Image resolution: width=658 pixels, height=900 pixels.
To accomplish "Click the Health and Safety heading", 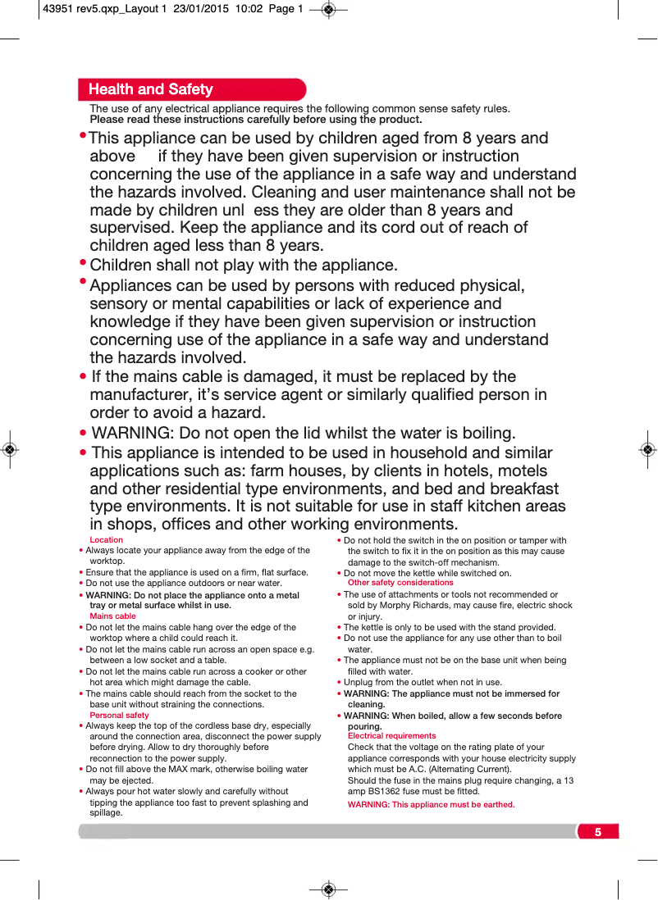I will click(x=150, y=89).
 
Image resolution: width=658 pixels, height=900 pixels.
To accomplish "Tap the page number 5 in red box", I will click(x=597, y=832).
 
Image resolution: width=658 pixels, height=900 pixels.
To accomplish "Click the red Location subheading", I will click(x=106, y=540).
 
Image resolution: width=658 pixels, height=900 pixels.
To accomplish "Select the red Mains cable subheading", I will click(x=112, y=616).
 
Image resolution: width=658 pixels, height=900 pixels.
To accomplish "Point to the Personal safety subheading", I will click(x=119, y=716).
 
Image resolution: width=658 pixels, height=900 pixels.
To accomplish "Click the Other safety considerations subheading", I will click(x=400, y=583).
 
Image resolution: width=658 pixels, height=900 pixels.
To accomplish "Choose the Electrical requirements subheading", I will click(x=391, y=736).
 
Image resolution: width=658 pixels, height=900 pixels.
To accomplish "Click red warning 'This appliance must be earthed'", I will click(x=431, y=805).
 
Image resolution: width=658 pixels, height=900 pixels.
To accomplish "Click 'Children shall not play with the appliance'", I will click(x=243, y=266).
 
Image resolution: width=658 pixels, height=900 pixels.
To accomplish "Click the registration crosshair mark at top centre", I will click(x=328, y=10).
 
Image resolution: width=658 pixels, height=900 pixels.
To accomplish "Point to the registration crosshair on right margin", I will click(x=647, y=449).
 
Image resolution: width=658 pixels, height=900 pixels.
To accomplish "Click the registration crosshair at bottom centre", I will click(x=328, y=889).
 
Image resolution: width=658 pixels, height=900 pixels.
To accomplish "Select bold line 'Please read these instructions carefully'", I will click(x=255, y=120).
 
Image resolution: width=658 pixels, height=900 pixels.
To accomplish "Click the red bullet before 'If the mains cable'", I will click(x=83, y=377).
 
